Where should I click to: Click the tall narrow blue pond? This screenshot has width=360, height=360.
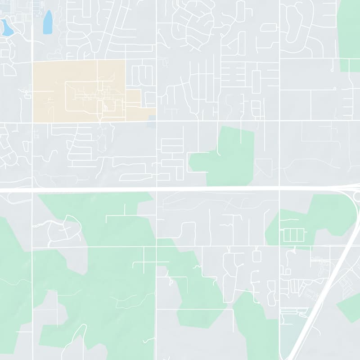point(47,22)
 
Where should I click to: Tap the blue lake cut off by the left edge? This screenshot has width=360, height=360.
point(6,28)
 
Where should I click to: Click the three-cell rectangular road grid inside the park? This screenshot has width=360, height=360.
point(293,235)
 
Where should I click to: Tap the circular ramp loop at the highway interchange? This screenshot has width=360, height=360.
point(357,197)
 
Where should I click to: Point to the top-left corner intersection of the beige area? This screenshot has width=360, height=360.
point(32,62)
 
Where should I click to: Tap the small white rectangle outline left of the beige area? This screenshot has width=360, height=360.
point(27,96)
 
